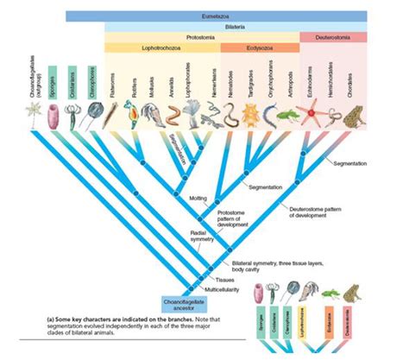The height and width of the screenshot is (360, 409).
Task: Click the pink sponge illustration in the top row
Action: point(52,114)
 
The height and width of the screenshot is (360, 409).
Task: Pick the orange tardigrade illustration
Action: point(250,114)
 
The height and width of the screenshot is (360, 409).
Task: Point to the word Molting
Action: point(197,199)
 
